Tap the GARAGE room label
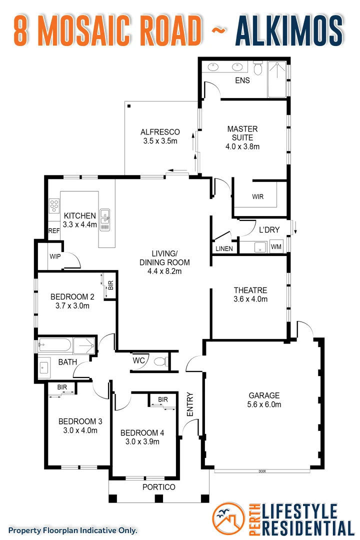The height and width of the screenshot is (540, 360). [x=264, y=395]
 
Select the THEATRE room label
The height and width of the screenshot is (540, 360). [x=250, y=290]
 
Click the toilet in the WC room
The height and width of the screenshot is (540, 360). [x=159, y=361]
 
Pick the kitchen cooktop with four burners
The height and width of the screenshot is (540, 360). [x=54, y=205]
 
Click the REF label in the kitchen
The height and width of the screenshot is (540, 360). [x=54, y=230]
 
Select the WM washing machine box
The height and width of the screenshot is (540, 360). [x=276, y=247]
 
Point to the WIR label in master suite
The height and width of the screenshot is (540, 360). [x=257, y=196]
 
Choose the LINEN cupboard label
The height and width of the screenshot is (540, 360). [x=223, y=248]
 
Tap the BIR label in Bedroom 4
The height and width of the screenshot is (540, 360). [x=163, y=399]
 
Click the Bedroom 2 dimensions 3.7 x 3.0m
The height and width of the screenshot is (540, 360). [x=70, y=305]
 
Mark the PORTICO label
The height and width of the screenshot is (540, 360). [x=159, y=487]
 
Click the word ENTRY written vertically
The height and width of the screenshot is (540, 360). [x=190, y=404]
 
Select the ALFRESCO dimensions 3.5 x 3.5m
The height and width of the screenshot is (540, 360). [x=159, y=141]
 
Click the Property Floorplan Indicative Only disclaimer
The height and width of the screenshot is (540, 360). [x=72, y=530]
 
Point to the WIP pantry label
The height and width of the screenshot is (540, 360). [x=54, y=256]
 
